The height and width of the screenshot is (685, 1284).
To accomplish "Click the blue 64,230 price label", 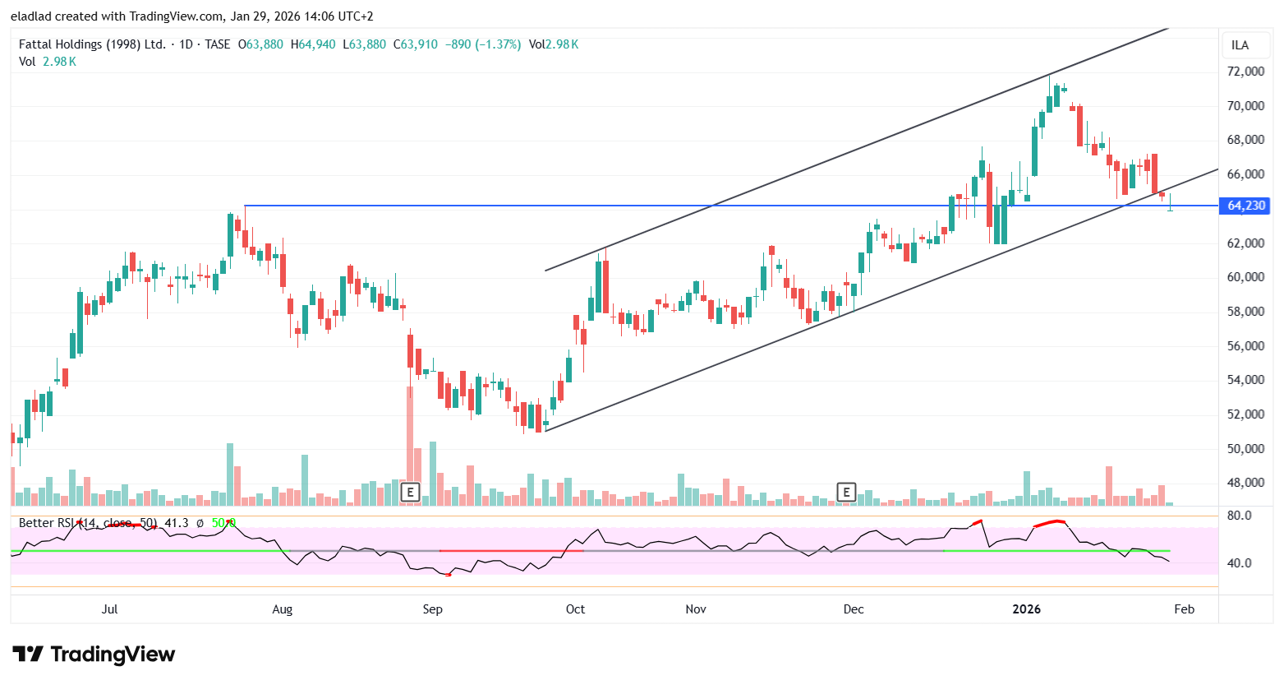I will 1245,206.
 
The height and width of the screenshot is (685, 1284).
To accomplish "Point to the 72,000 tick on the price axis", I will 1245,72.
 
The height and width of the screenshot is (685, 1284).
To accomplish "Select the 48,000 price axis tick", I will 1245,483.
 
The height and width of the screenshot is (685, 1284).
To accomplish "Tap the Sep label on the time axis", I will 432,609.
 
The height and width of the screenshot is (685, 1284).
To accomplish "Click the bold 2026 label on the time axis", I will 1026,609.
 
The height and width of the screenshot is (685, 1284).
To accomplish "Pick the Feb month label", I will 1184,609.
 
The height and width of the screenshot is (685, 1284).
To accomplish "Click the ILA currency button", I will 1240,45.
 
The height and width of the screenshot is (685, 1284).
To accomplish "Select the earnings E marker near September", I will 409,493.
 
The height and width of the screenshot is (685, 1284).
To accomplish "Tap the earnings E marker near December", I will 846,493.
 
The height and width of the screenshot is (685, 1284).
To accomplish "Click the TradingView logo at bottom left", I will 94,655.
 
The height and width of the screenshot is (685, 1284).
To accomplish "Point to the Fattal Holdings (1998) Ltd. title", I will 92,44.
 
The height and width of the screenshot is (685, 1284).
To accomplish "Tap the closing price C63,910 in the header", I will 416,44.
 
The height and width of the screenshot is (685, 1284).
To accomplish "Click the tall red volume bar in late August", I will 409,436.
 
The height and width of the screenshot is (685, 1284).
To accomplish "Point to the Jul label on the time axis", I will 109,609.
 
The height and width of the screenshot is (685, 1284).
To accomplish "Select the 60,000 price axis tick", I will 1245,277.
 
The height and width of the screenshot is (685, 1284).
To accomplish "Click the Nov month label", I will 696,609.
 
